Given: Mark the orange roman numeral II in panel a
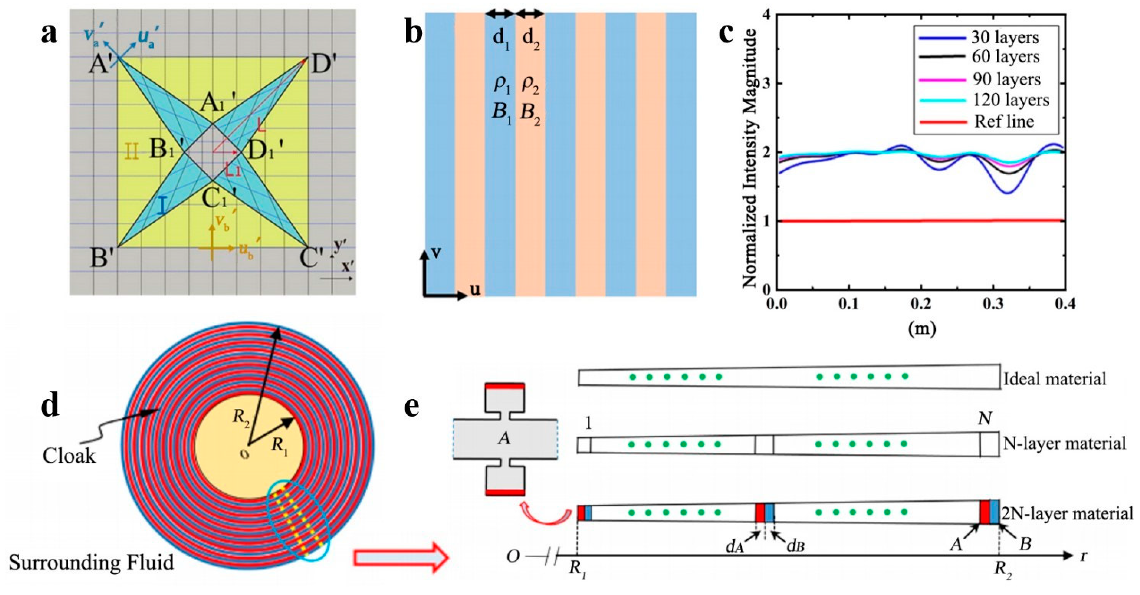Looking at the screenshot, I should coord(131,151).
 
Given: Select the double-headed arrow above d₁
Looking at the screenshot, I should coord(500,14).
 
